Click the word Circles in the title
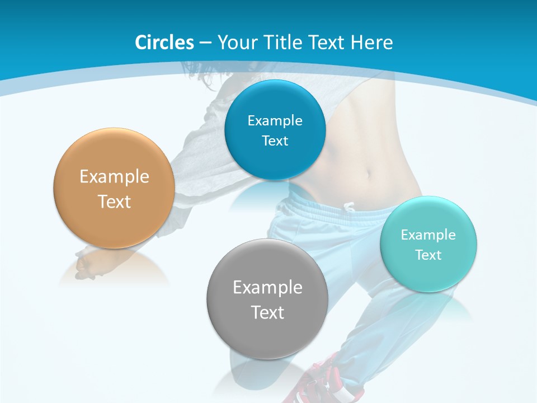pos(164,43)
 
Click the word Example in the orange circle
pos(114,177)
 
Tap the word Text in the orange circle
pos(114,201)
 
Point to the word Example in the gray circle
pos(267,288)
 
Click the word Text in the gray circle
pos(267,312)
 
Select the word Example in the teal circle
pos(428,235)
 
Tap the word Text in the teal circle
pos(428,255)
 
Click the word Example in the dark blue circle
pos(275,121)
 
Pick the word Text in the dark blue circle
pos(275,141)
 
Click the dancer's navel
pos(368,174)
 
